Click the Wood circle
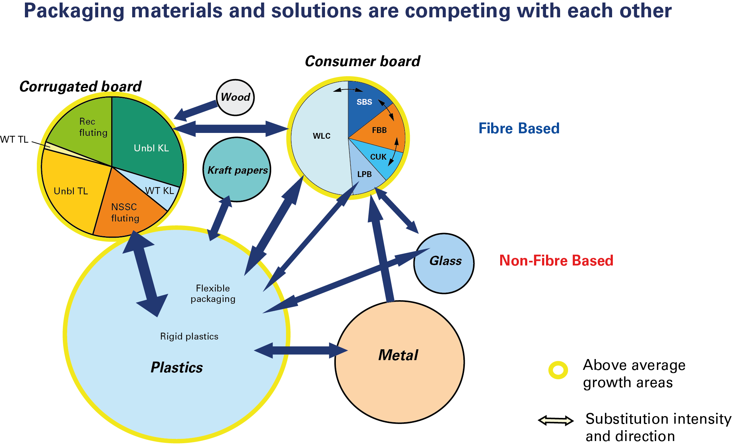pos(235,97)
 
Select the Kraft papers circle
pos(237,170)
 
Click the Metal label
pos(398,355)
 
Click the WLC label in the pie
pos(321,136)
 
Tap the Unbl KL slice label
pos(151,148)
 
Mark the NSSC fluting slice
pos(125,212)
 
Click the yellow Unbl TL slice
pos(71,191)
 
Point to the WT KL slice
pos(159,191)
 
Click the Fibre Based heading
pos(519,129)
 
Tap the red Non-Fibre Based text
pos(556,260)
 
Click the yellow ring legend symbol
pos(558,370)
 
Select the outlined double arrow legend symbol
pos(556,420)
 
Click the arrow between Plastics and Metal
pos(301,350)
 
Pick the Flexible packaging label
pos(213,293)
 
